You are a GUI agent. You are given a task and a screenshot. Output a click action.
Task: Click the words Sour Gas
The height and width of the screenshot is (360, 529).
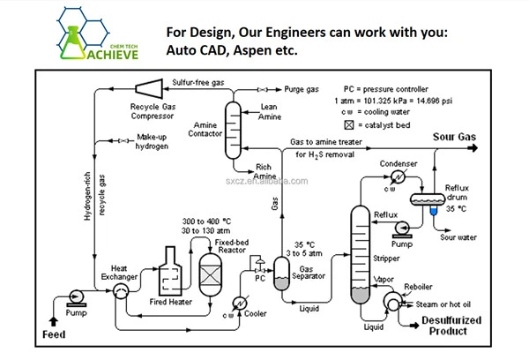[454, 137]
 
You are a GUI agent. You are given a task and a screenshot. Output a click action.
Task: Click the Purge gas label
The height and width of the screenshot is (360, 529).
[301, 88]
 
